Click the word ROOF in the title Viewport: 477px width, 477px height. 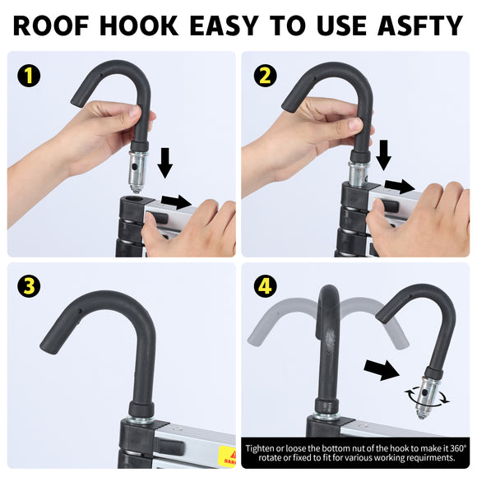click(51, 25)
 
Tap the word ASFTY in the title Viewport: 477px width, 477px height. click(420, 25)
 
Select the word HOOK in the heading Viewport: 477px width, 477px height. click(139, 25)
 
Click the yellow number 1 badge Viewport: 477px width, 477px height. click(29, 76)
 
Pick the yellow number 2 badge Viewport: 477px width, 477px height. click(266, 76)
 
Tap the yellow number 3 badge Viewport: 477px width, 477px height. click(29, 286)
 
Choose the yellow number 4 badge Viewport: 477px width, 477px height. click(266, 286)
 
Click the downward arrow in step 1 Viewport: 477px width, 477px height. click(164, 163)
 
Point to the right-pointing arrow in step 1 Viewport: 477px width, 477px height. click(176, 201)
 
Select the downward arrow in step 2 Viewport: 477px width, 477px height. click(383, 155)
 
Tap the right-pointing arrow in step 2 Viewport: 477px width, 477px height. click(400, 186)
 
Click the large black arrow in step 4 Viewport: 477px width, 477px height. click(382, 370)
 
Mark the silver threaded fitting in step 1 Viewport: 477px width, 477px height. click(137, 172)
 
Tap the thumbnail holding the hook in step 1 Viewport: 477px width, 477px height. click(136, 111)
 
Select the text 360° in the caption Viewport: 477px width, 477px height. click(458, 448)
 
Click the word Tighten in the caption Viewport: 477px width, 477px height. click(261, 448)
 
